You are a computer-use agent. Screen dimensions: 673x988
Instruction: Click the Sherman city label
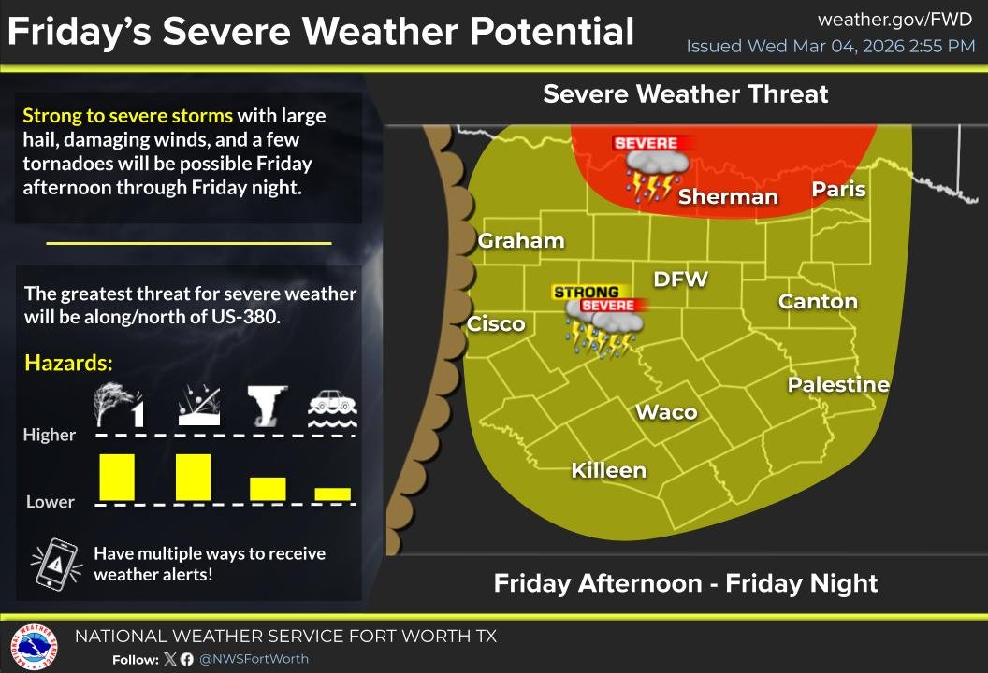click(x=728, y=196)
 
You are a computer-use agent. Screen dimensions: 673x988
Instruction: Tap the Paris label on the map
click(x=838, y=190)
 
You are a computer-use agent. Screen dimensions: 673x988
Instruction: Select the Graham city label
click(x=521, y=241)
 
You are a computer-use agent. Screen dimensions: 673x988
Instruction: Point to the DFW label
click(x=680, y=279)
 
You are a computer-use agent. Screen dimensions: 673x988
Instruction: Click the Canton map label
click(x=818, y=301)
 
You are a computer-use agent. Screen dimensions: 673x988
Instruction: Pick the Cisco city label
click(x=496, y=324)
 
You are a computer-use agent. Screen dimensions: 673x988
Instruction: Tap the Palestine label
click(x=838, y=384)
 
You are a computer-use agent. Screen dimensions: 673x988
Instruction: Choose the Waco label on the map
click(x=666, y=412)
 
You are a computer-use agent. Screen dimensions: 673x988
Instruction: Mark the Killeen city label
click(x=609, y=470)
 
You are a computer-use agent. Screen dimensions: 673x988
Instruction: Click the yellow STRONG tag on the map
click(x=586, y=293)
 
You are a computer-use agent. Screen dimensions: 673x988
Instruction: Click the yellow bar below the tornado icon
click(x=268, y=488)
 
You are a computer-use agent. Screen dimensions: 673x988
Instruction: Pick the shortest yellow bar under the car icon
click(x=332, y=494)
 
